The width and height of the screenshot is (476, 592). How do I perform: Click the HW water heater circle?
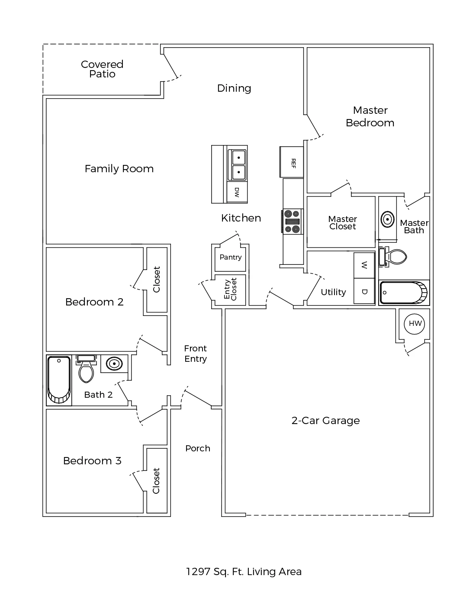click(415, 324)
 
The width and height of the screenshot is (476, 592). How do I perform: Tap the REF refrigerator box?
click(292, 162)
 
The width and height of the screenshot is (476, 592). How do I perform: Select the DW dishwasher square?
click(237, 192)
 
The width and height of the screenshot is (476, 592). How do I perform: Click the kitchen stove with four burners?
click(292, 222)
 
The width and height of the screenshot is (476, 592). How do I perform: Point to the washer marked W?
click(364, 265)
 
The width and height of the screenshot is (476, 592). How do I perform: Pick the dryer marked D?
click(364, 291)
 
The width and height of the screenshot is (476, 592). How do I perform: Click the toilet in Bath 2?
click(86, 369)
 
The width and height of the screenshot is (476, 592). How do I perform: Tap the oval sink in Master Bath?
click(387, 219)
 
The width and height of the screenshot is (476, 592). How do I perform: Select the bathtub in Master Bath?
click(404, 293)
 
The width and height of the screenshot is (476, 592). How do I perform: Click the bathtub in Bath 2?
click(59, 380)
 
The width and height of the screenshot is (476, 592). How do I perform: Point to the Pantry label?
click(230, 257)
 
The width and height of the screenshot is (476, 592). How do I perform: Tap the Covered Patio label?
click(102, 69)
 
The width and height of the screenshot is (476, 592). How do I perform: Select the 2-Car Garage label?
click(325, 421)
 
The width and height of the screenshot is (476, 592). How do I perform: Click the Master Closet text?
click(343, 222)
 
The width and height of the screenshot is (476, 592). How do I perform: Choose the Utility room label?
click(333, 292)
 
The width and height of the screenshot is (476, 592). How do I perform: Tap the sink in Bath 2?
click(114, 364)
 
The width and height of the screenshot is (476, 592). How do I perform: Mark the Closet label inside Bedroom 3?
click(156, 481)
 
